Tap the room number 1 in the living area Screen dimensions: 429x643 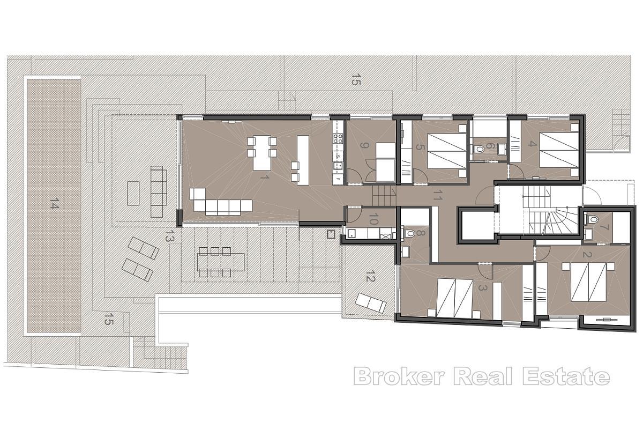tap(263, 176)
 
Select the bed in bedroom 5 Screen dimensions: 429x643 tap(447, 151)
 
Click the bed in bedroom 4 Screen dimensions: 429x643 tap(557, 150)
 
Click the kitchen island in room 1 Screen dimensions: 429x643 tap(303, 160)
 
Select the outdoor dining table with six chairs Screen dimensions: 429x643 tap(221, 262)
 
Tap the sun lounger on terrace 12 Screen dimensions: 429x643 tap(370, 302)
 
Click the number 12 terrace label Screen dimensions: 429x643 tap(370, 277)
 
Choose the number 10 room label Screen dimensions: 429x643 tap(374, 219)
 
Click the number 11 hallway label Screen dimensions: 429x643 tap(437, 196)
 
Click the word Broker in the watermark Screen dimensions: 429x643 tap(399, 376)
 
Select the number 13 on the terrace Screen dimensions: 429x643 tap(170, 237)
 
